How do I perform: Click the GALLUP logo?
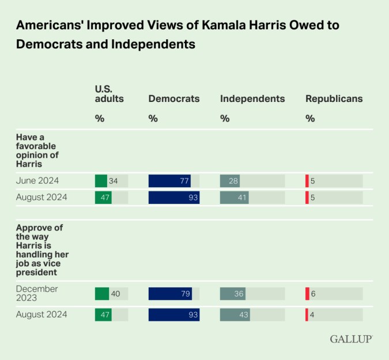(x=350, y=339)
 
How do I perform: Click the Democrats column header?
(x=174, y=98)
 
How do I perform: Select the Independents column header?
(x=252, y=98)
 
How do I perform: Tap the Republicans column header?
(x=334, y=98)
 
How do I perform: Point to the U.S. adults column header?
(x=109, y=93)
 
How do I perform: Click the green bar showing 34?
(x=101, y=181)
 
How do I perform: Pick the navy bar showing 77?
(x=170, y=181)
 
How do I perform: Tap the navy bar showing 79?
(x=171, y=294)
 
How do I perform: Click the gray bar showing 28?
(x=230, y=181)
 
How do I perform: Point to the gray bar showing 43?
(x=235, y=315)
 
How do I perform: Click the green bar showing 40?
(x=102, y=294)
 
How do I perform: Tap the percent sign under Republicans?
(x=310, y=119)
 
